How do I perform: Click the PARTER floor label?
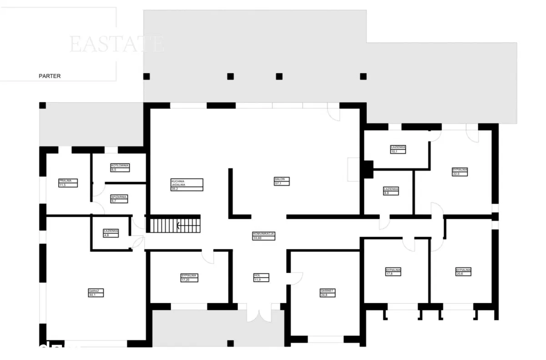[50, 76]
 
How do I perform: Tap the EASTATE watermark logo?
[116, 44]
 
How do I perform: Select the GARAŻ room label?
[96, 293]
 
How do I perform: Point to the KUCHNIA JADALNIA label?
[187, 184]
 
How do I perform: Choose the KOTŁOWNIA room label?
[120, 167]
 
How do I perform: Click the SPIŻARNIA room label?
[119, 199]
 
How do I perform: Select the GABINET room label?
[328, 293]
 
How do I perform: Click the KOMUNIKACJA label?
[264, 235]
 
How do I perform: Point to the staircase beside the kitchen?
[175, 224]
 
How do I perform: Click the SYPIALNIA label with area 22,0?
[460, 172]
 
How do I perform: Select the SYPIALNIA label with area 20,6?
[463, 272]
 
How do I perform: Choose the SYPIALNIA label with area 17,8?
[393, 272]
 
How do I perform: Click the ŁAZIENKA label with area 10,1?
[398, 149]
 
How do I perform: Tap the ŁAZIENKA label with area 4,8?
[111, 233]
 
